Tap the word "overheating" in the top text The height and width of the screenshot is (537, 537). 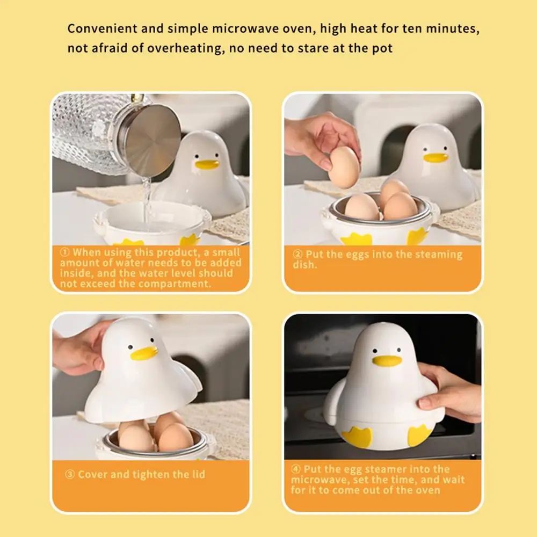[186, 48]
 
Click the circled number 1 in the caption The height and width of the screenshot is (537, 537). [65, 252]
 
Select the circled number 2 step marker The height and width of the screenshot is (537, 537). [297, 255]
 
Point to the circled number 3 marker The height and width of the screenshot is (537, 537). [69, 474]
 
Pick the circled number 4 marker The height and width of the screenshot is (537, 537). [296, 469]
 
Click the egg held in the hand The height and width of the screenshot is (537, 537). [344, 168]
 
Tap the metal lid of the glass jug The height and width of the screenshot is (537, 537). [152, 140]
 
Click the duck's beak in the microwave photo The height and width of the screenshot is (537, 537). [387, 361]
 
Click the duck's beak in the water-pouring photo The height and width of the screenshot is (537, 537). [207, 164]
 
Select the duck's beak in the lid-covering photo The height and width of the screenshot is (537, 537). [144, 353]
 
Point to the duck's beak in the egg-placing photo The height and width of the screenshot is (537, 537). [436, 157]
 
